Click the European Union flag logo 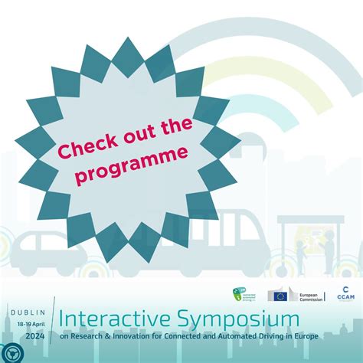coord(277,296)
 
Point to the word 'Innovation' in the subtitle coord(125,335)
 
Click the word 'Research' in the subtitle coord(85,335)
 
